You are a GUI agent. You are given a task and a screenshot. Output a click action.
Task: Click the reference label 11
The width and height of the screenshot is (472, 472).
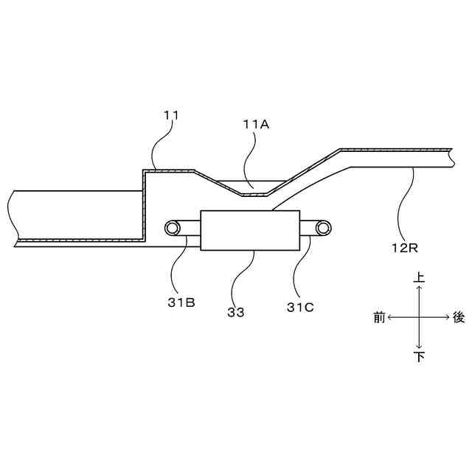pos(171,115)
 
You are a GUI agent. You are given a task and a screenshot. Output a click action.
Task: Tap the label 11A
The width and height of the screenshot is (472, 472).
pos(256,125)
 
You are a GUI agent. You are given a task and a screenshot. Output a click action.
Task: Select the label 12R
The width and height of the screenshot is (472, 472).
pos(405,247)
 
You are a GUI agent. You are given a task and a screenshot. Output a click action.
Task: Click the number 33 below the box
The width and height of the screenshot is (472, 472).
pos(236,312)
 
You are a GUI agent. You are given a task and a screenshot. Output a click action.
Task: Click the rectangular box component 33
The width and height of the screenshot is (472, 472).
pos(249,230)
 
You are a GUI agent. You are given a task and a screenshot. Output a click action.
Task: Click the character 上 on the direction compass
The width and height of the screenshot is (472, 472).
pos(419,278)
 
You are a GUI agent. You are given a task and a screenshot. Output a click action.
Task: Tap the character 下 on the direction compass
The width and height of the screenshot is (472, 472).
pos(419,357)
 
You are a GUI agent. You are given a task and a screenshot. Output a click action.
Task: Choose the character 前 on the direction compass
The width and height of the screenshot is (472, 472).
pos(379,318)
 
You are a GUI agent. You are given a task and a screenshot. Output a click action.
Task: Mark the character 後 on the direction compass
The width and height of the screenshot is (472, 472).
pos(459,318)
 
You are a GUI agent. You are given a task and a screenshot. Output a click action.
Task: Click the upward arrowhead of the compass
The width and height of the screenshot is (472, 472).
pos(419,289)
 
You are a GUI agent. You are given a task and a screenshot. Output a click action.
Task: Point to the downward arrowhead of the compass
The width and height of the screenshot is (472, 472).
pos(419,347)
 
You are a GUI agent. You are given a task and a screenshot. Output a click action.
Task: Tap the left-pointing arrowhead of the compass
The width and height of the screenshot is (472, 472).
pos(391,318)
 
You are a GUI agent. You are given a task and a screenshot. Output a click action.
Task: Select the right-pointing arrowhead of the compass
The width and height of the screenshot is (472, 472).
pos(447,318)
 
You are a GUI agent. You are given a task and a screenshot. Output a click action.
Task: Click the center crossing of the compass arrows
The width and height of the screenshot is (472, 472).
pos(419,318)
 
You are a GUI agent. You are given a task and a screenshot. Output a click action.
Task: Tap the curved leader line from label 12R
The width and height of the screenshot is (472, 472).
pos(402,206)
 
